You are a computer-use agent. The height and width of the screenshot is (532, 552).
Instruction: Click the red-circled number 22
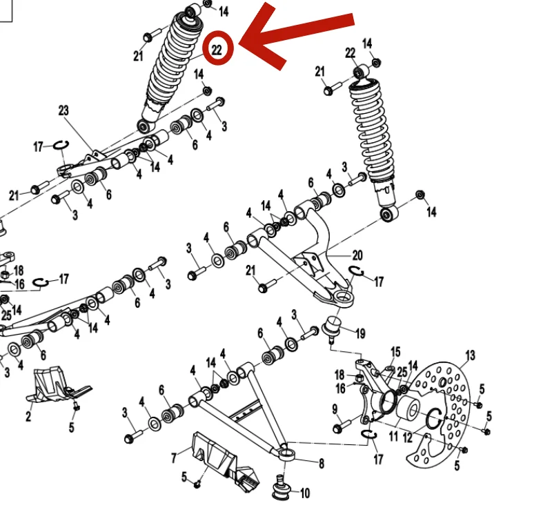click(x=217, y=50)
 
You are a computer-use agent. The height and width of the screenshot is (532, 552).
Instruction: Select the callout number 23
click(x=63, y=110)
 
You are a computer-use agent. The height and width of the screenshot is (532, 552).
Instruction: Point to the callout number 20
click(x=357, y=255)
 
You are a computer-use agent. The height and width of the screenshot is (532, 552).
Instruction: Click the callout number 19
click(x=360, y=333)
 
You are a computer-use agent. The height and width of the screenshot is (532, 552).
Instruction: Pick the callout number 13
click(x=471, y=355)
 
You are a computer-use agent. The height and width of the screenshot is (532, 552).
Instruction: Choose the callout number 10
click(x=305, y=493)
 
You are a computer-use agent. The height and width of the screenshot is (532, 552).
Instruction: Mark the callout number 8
click(x=322, y=464)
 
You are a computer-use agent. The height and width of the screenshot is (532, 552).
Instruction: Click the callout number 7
click(x=174, y=457)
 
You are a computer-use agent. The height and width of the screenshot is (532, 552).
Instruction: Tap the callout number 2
click(x=28, y=417)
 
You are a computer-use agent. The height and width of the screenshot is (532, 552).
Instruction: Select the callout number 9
click(x=335, y=409)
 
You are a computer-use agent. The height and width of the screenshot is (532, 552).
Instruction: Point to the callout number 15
click(x=395, y=352)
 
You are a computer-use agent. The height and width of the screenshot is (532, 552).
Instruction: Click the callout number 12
click(x=407, y=437)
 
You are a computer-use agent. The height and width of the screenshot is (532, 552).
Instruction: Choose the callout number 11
click(x=393, y=436)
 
